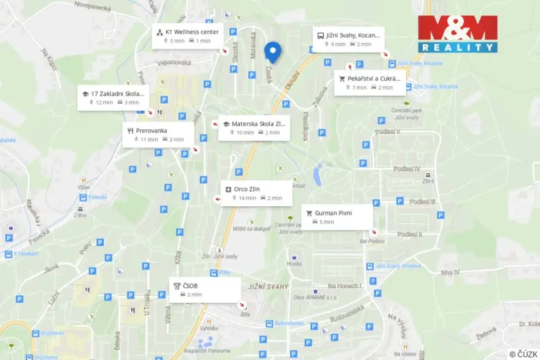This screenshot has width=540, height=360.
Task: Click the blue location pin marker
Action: pyautogui.click(x=272, y=52)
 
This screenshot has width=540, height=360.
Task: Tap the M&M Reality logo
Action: pyautogui.click(x=457, y=34)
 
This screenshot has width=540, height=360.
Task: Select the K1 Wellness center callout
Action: pyautogui.click(x=188, y=36)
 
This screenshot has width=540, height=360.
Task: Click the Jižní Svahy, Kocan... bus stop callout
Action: pyautogui.click(x=348, y=39)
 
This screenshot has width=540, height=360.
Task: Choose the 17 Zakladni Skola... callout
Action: pyautogui.click(x=113, y=98)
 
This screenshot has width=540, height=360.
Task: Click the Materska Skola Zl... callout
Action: pyautogui.click(x=253, y=128)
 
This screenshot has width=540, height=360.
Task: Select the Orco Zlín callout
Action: pyautogui.click(x=256, y=193)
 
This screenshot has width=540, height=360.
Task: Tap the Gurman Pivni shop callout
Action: pyautogui.click(x=337, y=216)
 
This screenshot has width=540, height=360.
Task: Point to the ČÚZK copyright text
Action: pyautogui.click(x=522, y=354)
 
